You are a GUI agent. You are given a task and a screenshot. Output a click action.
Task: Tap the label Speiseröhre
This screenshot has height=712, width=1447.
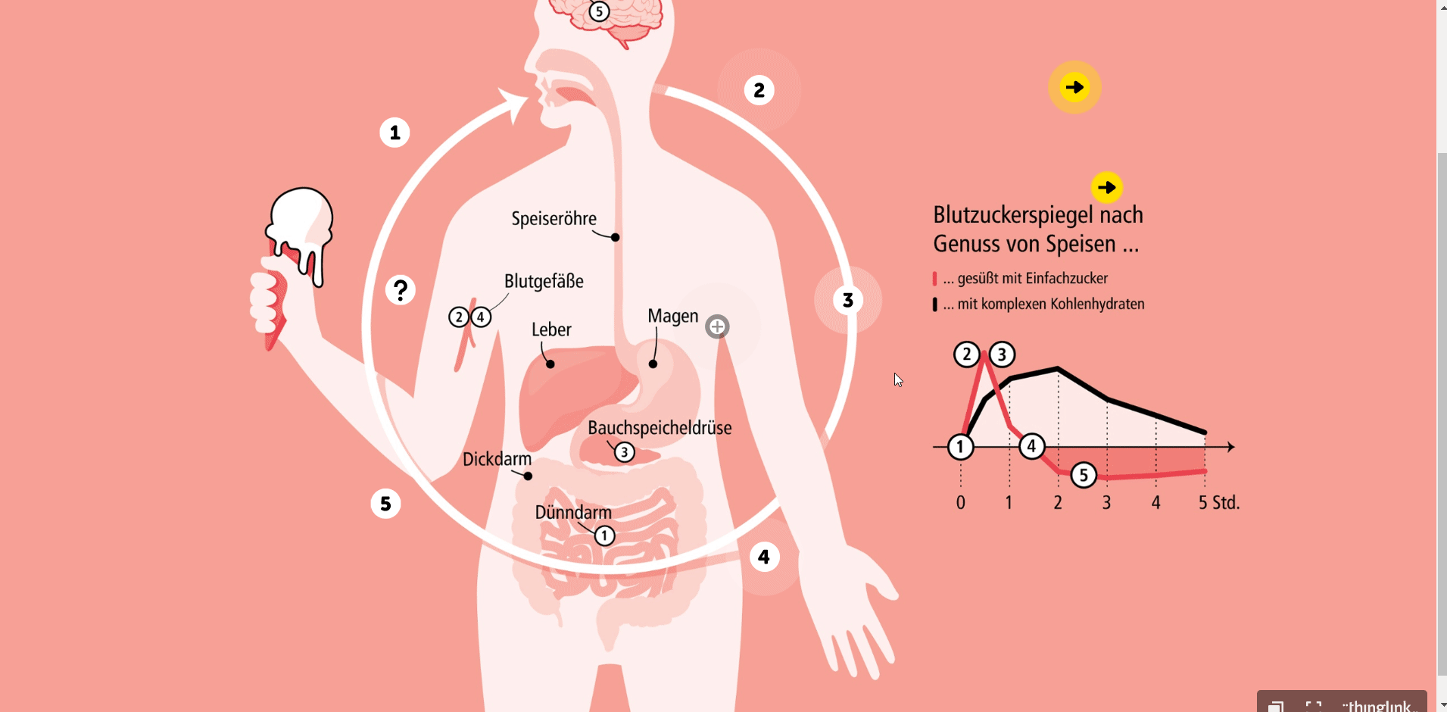click(554, 219)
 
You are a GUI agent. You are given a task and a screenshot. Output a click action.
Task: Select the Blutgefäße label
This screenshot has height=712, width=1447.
click(544, 281)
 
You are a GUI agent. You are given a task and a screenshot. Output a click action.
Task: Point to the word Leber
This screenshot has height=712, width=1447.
click(551, 329)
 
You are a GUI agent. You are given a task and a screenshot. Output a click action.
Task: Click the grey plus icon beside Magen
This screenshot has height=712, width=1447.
click(717, 326)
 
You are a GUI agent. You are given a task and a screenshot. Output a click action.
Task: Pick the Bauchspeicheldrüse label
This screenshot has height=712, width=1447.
click(660, 428)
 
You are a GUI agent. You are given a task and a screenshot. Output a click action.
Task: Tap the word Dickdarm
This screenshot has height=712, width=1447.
click(497, 459)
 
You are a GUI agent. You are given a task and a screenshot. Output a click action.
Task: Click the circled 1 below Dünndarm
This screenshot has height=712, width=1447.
click(604, 536)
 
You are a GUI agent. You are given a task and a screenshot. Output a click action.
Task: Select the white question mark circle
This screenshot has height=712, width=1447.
click(401, 289)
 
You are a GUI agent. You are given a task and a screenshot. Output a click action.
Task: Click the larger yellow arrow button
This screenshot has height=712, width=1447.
click(1074, 87)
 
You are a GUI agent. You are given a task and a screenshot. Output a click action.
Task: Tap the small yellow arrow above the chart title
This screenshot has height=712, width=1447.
click(1107, 187)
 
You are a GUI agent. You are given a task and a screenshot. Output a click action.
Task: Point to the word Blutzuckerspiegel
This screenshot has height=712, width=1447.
click(1013, 215)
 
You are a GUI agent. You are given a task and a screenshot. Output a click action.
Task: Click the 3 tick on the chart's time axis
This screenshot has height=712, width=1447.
click(1106, 502)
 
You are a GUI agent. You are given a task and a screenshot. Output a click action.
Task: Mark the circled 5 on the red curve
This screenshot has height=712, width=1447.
click(1084, 475)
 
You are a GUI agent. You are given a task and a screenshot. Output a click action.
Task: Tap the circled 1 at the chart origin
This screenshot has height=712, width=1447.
click(960, 447)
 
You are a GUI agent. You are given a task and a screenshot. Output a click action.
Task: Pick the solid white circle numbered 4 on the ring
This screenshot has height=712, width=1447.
click(764, 557)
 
